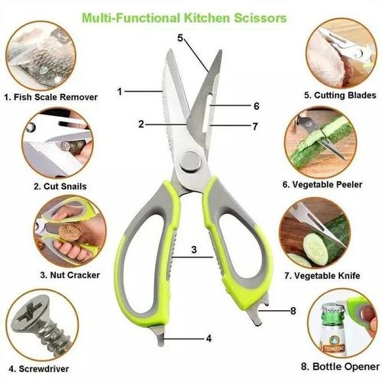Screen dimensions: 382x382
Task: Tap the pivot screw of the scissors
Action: (x=186, y=160)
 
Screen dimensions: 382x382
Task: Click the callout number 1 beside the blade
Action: (x=120, y=91)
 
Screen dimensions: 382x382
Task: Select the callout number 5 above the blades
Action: (x=180, y=37)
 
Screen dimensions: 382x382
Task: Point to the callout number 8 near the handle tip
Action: (x=293, y=310)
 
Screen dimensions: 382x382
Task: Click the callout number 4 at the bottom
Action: (x=209, y=337)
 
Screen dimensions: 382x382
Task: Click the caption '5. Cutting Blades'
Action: (x=331, y=95)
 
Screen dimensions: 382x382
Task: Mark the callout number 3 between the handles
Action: (x=194, y=249)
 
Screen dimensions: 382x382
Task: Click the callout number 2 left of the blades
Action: (x=141, y=124)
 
